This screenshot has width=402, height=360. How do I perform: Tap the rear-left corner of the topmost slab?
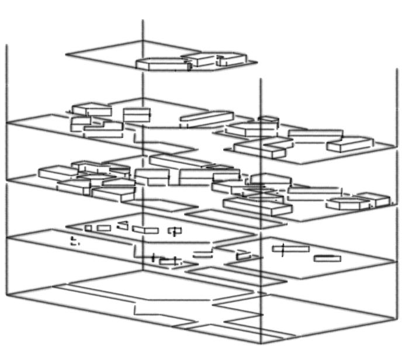[x=66, y=55]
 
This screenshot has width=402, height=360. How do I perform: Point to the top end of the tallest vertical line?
[x=143, y=20]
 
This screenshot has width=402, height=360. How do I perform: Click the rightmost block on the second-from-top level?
[x=349, y=144]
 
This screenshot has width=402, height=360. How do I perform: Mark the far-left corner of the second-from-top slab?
[x=7, y=123]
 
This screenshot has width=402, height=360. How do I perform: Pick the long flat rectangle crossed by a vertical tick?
[x=290, y=249]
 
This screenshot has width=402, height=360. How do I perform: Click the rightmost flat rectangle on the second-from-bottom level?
[x=327, y=258]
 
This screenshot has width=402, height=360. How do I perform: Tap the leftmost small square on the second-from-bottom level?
[x=88, y=228]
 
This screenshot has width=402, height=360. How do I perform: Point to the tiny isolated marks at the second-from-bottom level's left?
[x=74, y=241]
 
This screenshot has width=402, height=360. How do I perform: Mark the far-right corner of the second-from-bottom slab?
[x=395, y=259]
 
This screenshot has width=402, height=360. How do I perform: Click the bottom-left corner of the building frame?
[x=7, y=295]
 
